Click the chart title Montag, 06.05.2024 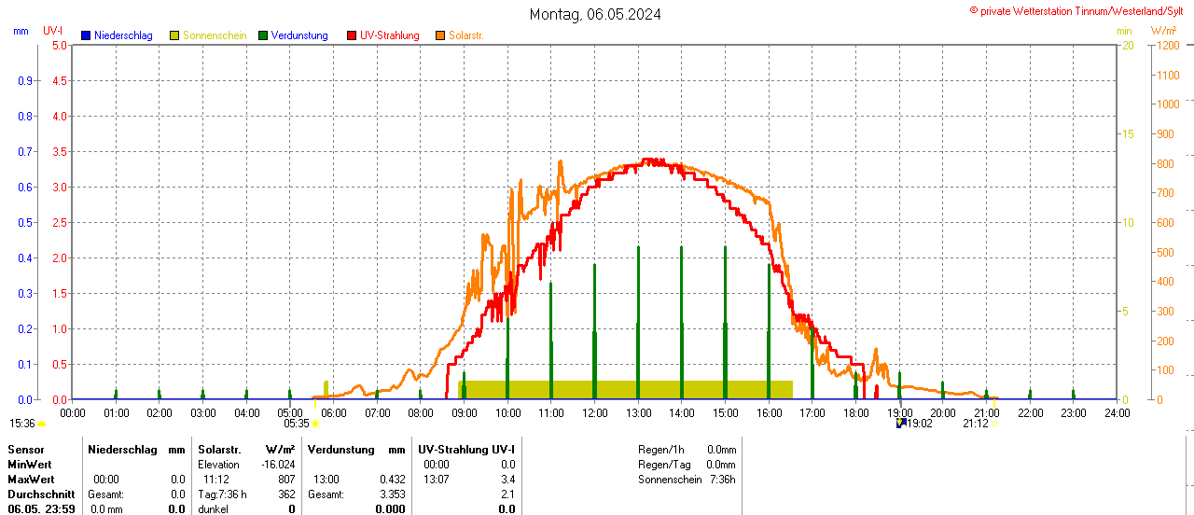tap(595, 14)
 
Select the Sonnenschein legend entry tap(214, 35)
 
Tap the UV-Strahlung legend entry tap(389, 35)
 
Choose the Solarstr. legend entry tap(465, 35)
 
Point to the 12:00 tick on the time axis tap(594, 412)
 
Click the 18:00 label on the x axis tap(855, 412)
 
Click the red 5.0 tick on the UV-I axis tap(59, 45)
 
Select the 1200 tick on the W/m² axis tap(1166, 45)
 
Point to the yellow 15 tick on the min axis tap(1127, 133)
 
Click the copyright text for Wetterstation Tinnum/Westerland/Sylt tap(1080, 11)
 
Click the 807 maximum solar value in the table tap(286, 480)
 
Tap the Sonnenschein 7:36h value tap(722, 480)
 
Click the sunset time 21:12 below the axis tap(976, 424)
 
